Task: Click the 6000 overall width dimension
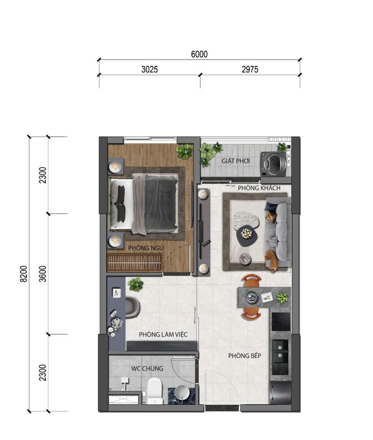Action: pos(199,54)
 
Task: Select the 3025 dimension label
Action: pos(150,69)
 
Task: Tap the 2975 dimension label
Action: pos(250,69)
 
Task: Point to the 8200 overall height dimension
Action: pos(24,274)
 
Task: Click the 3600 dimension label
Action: pos(42,274)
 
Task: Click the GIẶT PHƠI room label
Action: pos(235,161)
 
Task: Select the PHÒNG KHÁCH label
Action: pos(259,188)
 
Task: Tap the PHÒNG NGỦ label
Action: pos(146,248)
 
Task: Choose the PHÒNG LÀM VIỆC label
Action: pos(163,334)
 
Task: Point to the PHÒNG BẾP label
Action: pos(245,356)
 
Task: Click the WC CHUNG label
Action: pos(147,369)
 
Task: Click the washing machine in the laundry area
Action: pos(274,164)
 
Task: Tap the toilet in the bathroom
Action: pos(155,391)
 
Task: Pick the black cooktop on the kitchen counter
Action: pos(281,322)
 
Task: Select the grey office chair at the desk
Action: pos(132,307)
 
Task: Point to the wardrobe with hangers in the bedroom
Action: pos(135,263)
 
